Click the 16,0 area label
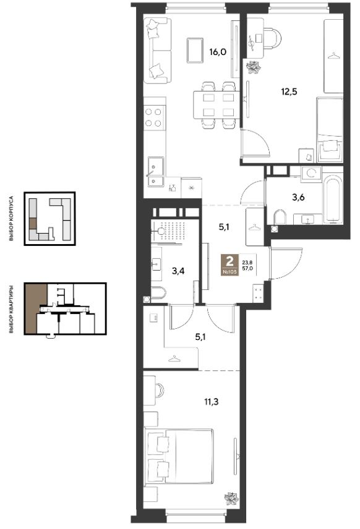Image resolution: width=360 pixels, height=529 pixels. [218, 52]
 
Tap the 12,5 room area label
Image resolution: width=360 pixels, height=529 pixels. [289, 91]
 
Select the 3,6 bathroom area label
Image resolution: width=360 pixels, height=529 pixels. [298, 197]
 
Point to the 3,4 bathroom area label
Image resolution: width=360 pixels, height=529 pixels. [178, 271]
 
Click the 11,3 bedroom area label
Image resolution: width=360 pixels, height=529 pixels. [211, 402]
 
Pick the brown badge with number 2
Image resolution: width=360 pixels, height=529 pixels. [229, 264]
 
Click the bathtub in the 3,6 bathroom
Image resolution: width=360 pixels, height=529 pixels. [333, 199]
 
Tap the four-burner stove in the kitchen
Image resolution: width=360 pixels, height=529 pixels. [154, 118]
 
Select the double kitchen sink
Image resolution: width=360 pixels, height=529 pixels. [155, 172]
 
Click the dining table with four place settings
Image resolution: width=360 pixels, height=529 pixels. [218, 104]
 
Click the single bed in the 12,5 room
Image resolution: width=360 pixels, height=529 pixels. [329, 130]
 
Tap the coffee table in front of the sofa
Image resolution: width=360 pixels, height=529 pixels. [195, 50]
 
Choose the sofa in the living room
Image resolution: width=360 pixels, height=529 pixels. [157, 50]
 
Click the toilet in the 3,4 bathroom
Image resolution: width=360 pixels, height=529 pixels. [158, 292]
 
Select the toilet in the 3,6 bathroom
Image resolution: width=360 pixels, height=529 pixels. [280, 218]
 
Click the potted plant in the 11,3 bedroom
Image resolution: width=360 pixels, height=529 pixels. [231, 499]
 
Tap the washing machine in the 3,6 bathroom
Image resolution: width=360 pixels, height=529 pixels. [311, 174]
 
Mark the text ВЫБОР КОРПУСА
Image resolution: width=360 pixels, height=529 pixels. [11, 218]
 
